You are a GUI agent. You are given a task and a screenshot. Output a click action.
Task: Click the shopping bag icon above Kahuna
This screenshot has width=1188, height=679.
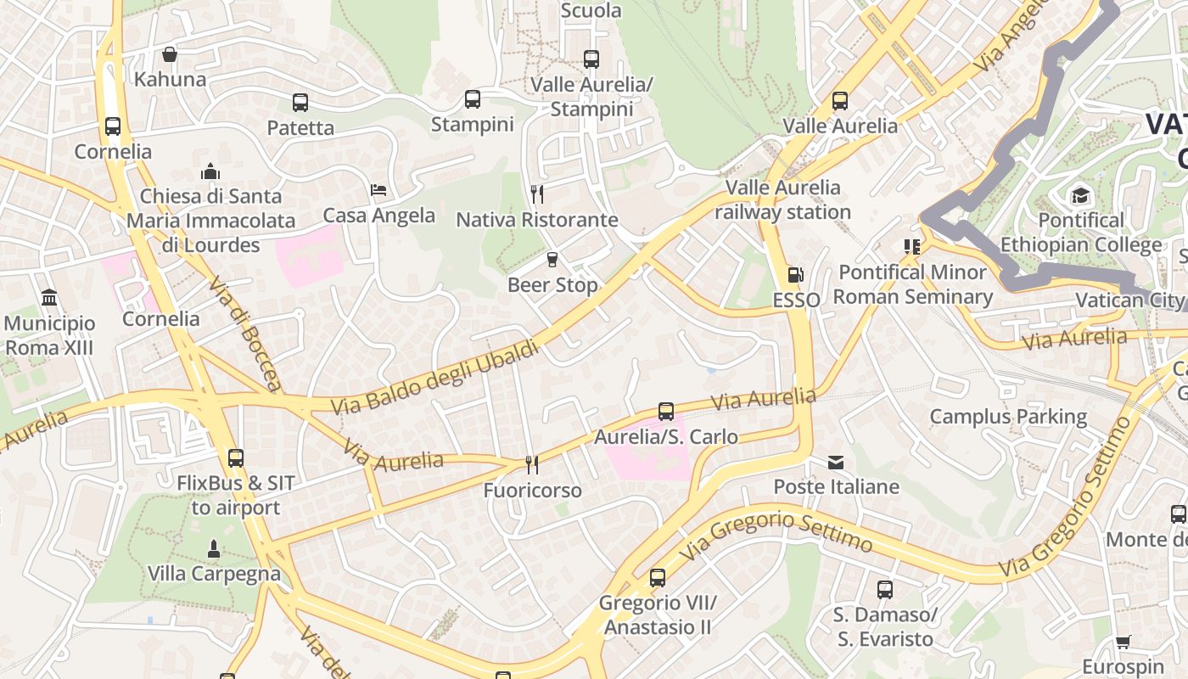(170, 54)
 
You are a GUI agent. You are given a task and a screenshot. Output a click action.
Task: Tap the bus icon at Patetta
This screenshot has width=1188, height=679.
(300, 103)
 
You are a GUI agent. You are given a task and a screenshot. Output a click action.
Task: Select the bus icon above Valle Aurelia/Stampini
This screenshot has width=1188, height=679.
(591, 59)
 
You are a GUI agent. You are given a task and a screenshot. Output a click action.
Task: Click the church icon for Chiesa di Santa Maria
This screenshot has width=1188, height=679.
(210, 171)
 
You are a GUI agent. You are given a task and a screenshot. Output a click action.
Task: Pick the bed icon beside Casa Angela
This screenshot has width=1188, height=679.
(378, 189)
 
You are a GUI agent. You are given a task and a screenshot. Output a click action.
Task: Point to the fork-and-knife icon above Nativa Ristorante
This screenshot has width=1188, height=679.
(537, 194)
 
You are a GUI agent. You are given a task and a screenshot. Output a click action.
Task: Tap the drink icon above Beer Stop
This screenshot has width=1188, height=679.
(552, 260)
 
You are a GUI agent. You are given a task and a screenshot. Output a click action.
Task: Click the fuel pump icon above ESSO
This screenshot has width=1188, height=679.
(796, 274)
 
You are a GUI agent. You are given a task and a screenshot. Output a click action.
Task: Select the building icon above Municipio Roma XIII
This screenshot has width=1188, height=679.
(49, 298)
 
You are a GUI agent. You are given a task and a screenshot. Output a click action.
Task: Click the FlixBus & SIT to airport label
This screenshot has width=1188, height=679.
(236, 496)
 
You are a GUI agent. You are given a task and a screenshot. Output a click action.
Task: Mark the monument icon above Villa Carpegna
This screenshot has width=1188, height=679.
(214, 548)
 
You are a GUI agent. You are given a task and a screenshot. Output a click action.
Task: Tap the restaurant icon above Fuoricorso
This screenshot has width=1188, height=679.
(532, 464)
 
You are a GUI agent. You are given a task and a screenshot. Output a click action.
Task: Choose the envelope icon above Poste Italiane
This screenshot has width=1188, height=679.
(836, 462)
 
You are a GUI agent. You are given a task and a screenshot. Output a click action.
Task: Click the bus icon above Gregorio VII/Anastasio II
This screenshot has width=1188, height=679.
(658, 578)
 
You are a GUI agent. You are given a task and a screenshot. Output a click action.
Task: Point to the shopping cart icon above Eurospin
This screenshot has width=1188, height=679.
(1124, 642)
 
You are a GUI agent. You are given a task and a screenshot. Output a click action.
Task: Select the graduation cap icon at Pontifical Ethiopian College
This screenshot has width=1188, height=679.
(1080, 196)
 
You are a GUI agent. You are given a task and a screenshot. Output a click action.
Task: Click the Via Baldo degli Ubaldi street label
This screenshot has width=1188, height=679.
(435, 379)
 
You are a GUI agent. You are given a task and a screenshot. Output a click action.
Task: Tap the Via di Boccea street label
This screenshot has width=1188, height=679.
(244, 333)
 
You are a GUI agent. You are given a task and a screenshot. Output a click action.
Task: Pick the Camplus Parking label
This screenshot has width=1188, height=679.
(1008, 417)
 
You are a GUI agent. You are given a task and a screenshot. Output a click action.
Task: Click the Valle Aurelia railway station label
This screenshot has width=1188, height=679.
(782, 199)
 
